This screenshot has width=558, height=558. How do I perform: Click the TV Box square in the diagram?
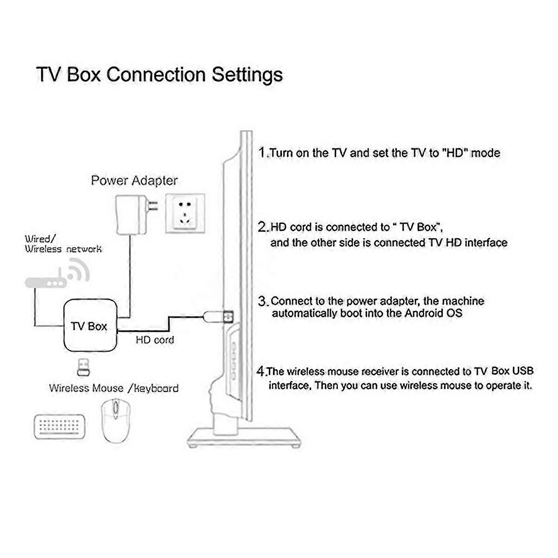[x=91, y=326]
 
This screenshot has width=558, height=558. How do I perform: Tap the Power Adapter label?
[x=134, y=181]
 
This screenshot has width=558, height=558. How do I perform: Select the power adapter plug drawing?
[x=136, y=215]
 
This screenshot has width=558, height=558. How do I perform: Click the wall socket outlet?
[x=185, y=214]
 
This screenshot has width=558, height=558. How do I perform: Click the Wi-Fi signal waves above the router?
[x=79, y=271]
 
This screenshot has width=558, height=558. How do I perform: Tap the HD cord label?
[x=155, y=340]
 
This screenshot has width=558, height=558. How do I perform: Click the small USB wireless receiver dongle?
[x=83, y=368]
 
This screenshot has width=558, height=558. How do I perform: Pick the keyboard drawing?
[x=60, y=427]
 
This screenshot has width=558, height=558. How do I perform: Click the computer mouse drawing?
[x=116, y=421]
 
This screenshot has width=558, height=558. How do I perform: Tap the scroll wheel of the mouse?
[x=116, y=408]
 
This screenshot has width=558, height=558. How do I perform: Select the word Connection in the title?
[x=156, y=74]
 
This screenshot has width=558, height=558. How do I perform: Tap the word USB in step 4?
[x=523, y=371]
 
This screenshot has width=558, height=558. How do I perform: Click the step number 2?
[x=262, y=227]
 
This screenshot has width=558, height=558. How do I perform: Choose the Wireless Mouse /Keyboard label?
[x=114, y=388]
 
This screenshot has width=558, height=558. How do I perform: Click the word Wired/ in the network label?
[x=40, y=238]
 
